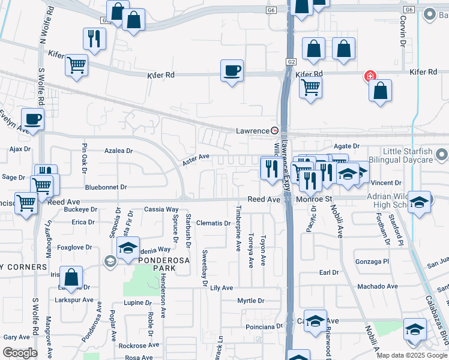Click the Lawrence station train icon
pos(275,130)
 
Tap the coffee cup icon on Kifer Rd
pos(232,71)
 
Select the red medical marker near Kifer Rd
pos(370,76)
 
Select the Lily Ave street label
pos(221,288)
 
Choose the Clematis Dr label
pos(214,223)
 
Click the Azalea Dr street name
pos(118,151)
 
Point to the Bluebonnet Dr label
pos(106,187)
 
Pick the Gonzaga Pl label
pos(372,262)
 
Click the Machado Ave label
pos(378,286)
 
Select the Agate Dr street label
pos(346,146)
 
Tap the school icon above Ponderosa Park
pos(128,248)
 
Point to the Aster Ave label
pos(196,159)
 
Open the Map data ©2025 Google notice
pos(411,355)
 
